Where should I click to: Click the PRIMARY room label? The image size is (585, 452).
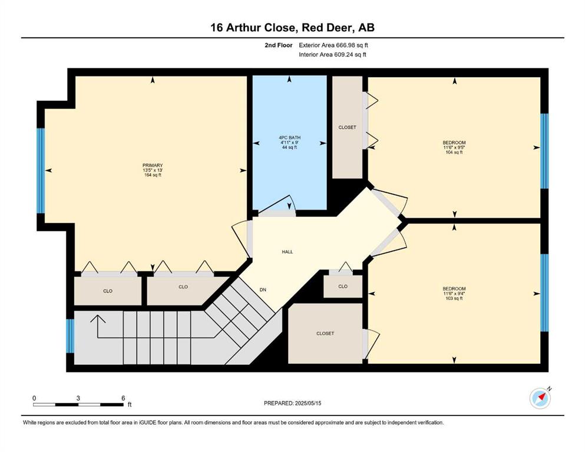point(153,165)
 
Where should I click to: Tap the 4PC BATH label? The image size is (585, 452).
point(289,138)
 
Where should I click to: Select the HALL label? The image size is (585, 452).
point(287,252)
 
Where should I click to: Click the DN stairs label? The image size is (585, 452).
point(263,290)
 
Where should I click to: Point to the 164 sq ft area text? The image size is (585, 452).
point(153,175)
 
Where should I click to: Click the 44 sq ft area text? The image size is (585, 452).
point(289,147)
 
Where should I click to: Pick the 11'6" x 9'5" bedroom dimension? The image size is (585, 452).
point(454,147)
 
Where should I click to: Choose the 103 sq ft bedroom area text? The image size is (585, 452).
point(454,298)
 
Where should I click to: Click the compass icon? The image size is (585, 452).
point(540,398)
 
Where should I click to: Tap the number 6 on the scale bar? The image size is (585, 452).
point(123,398)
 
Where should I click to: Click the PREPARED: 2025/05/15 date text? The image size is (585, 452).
point(292,403)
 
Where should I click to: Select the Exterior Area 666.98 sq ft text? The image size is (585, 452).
point(333,45)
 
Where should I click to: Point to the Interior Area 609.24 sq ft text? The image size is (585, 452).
point(332,54)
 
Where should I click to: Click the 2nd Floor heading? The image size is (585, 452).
point(279,45)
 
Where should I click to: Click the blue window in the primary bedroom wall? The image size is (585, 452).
point(41,171)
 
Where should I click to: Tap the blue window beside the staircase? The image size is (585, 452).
point(70,335)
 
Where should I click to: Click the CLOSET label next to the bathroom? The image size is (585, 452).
point(348,128)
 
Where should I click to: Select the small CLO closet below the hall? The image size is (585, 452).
point(343,286)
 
